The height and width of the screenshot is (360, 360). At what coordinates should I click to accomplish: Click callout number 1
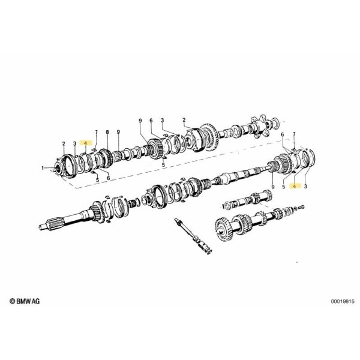[x=43, y=169]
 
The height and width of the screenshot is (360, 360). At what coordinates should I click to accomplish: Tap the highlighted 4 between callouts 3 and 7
[x=86, y=143]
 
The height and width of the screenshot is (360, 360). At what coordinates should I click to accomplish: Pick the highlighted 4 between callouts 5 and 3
[x=294, y=187]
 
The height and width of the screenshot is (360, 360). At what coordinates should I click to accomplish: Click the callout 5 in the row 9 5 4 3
[x=283, y=187]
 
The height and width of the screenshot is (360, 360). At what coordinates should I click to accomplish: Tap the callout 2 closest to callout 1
[x=62, y=143]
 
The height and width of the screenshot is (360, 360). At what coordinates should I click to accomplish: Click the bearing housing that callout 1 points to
[x=61, y=165]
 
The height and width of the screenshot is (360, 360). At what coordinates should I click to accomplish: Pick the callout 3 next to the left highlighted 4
[x=74, y=143]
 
